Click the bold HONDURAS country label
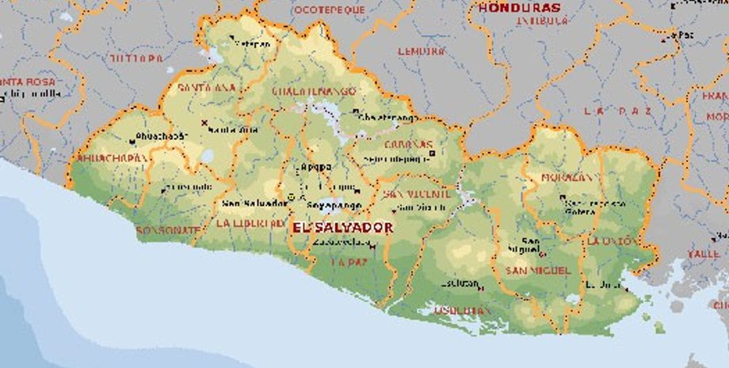[x=520, y=8]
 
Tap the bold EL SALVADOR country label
[x=342, y=227]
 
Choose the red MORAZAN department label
[x=567, y=177]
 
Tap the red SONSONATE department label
[x=168, y=230]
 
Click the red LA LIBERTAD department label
[x=250, y=224]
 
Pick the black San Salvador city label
[x=254, y=203]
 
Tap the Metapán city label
[x=250, y=44]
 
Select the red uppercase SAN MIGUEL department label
[x=538, y=271]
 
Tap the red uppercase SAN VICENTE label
[x=417, y=194]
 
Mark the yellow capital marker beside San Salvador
[x=291, y=196]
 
